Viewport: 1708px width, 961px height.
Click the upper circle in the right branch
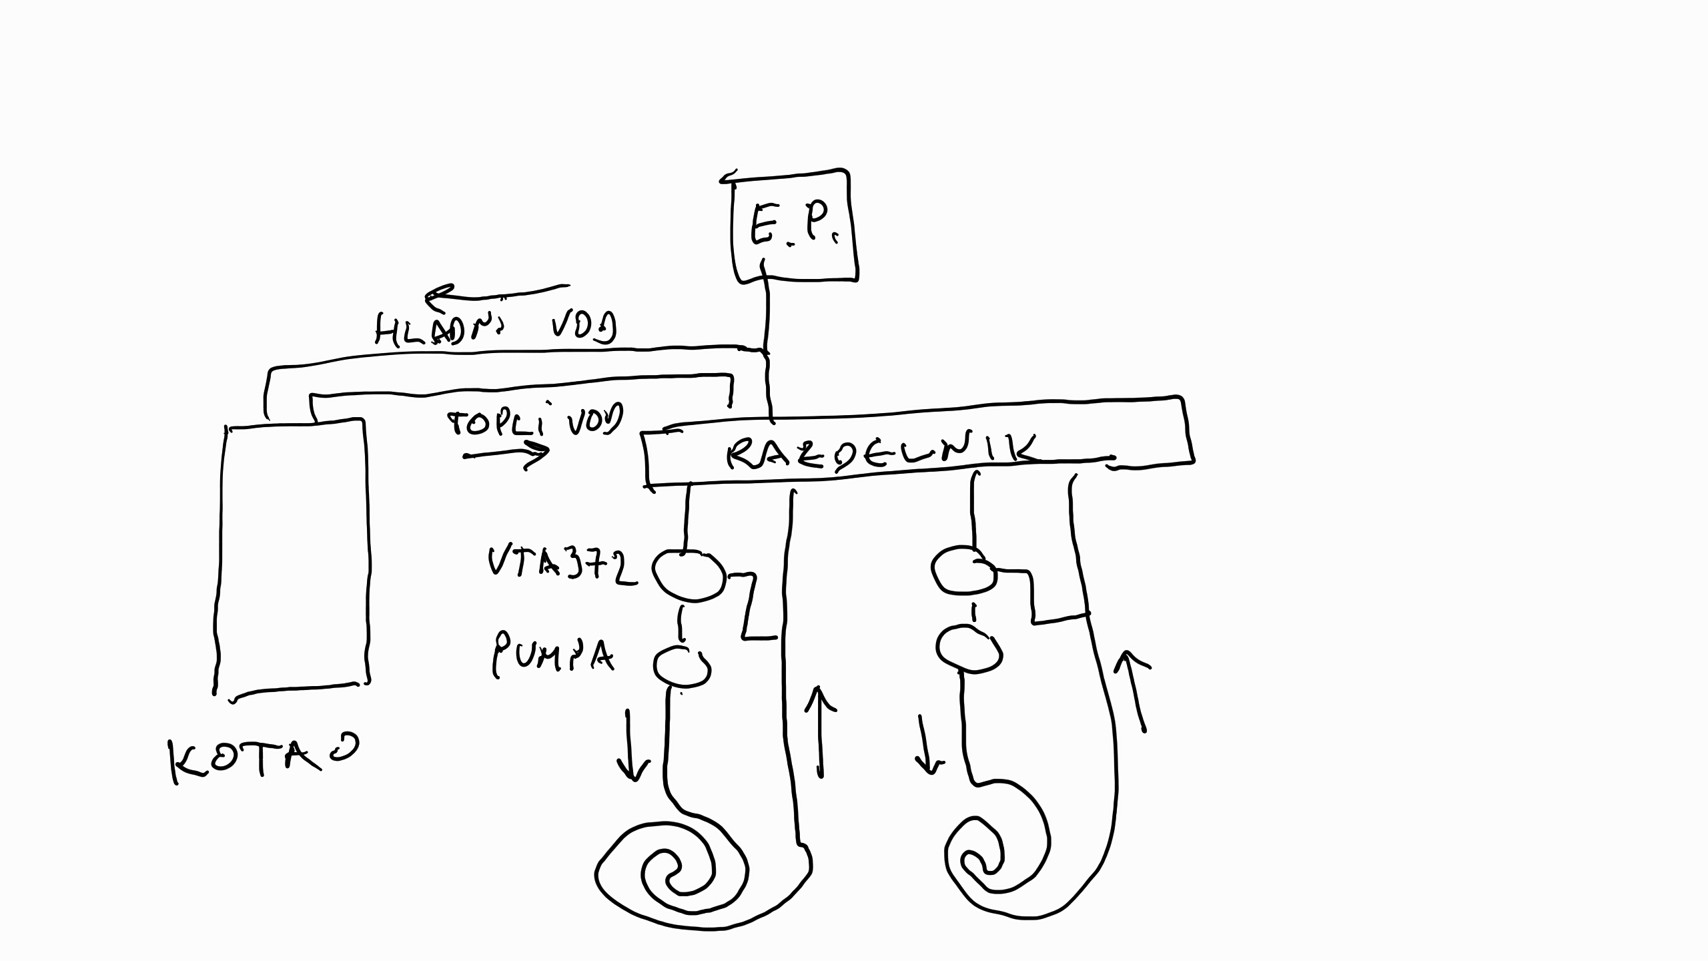[x=964, y=571]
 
